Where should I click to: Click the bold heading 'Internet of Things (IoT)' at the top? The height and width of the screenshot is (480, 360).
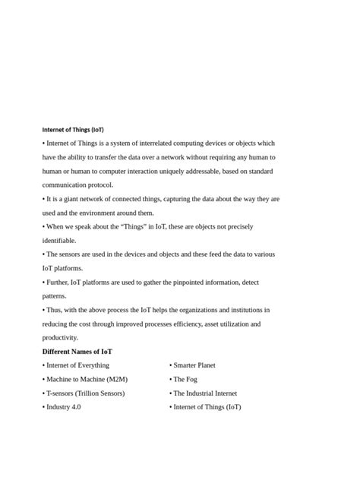pyautogui.click(x=73, y=130)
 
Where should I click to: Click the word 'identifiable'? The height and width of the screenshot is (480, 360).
pyautogui.click(x=59, y=241)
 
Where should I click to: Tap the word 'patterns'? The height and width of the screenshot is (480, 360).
pyautogui.click(x=55, y=296)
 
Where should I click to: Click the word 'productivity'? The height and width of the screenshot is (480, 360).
pyautogui.click(x=61, y=338)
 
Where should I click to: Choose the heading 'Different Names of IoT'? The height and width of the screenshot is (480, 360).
pyautogui.click(x=77, y=352)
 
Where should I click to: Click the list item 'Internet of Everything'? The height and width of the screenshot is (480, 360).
pyautogui.click(x=77, y=365)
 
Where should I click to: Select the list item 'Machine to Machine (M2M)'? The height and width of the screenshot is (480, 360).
pyautogui.click(x=87, y=379)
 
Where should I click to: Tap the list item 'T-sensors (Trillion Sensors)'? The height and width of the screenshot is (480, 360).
pyautogui.click(x=85, y=393)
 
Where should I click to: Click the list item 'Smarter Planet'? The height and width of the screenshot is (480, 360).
pyautogui.click(x=194, y=365)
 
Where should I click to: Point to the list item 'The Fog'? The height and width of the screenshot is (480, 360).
pyautogui.click(x=185, y=379)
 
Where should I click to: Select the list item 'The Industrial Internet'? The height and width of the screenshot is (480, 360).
pyautogui.click(x=205, y=393)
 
